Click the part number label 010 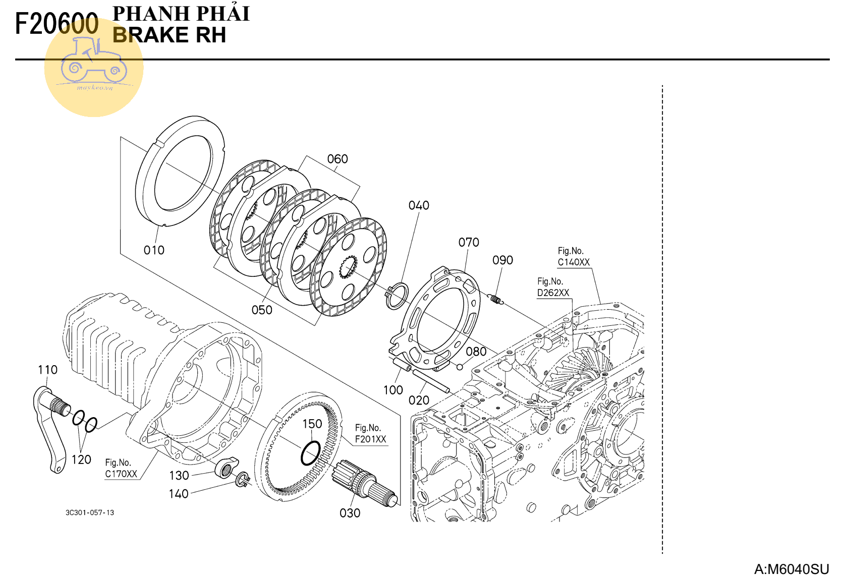coord(154,250)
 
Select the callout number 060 coord(337,159)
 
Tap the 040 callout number coord(419,206)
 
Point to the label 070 coord(469,243)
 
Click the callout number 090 coord(502,260)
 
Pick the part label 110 coord(47,370)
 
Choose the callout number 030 coord(350,513)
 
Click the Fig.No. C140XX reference coord(574,257)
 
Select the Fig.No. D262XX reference coord(553,287)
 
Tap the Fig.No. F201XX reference coord(370,434)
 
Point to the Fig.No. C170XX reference coord(121,469)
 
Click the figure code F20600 coord(57,24)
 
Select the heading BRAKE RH coord(169,35)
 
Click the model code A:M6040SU coord(791,569)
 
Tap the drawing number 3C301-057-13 coord(90,513)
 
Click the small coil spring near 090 coord(496,300)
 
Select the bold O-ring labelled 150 coord(310,452)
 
